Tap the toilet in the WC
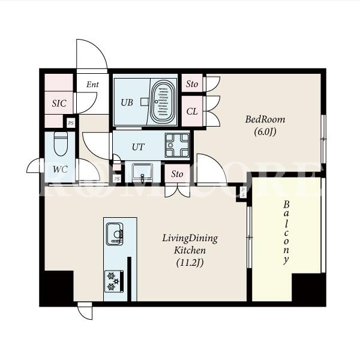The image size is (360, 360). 61,144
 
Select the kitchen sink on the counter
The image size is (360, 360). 115,234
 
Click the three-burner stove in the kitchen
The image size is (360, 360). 114,281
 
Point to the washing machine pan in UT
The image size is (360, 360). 177,145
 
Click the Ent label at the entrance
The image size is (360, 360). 92,85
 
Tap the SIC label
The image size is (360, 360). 59,103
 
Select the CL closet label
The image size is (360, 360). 192,112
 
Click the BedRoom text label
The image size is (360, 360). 265,119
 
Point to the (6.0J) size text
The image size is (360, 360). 265,132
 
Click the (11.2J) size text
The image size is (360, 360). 190,262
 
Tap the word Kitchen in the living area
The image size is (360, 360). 190,250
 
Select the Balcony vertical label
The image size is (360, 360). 286,233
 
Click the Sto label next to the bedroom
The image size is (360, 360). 192,84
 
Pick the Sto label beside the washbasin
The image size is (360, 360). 177,174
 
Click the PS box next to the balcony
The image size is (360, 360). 243,193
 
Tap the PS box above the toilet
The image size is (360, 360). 71,123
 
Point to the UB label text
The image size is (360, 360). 127,103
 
